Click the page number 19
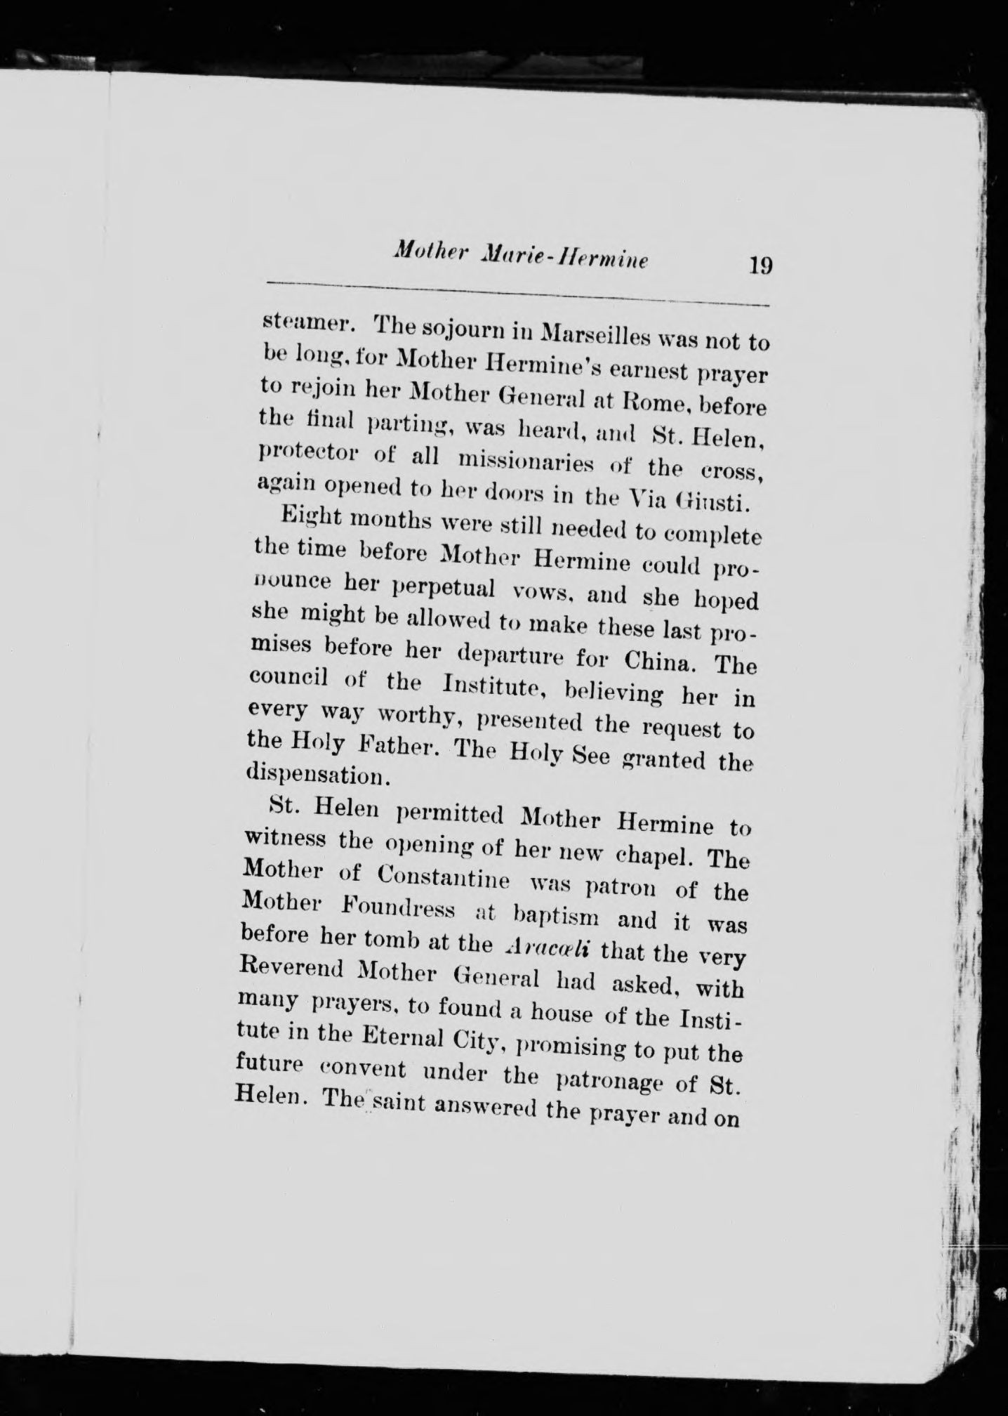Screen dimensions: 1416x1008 [x=761, y=266]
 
